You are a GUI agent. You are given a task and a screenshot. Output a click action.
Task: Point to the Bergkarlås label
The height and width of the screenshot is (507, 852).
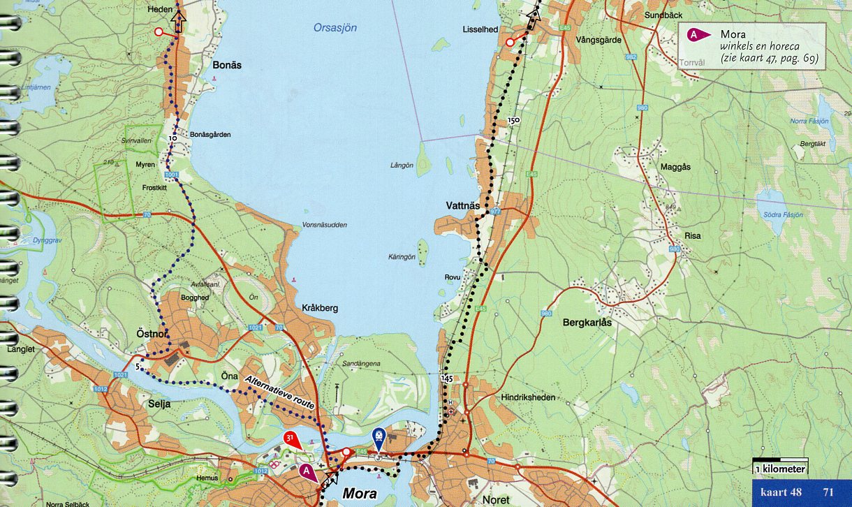click(x=587, y=323)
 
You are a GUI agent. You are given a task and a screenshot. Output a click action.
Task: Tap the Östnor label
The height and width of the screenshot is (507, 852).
click(x=151, y=335)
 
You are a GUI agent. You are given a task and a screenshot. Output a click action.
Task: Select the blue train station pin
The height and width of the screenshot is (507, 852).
click(x=378, y=438)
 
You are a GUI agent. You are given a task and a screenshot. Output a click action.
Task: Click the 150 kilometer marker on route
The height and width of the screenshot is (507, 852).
click(x=514, y=121)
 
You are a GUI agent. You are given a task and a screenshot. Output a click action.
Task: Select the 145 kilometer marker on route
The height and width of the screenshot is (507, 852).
click(x=448, y=377)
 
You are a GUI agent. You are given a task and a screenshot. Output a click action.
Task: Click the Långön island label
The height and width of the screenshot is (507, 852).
click(x=402, y=166)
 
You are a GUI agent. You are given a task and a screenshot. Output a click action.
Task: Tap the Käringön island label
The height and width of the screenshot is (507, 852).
click(x=402, y=257)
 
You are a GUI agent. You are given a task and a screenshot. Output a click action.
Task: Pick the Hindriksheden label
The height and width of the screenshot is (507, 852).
click(x=528, y=397)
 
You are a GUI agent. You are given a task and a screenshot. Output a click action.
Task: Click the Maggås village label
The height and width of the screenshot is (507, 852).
click(x=675, y=167)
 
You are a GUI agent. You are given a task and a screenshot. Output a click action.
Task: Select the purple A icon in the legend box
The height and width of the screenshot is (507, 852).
click(x=694, y=34)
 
